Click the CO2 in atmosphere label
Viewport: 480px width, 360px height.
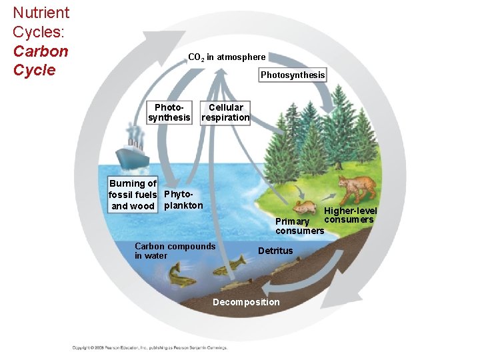point(227,57)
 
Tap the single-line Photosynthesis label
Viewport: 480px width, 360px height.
point(293,75)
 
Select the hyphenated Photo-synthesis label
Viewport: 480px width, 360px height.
point(169,113)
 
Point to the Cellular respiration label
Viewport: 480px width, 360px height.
point(225,113)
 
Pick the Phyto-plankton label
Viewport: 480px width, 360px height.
point(183,200)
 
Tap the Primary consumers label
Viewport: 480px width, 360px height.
point(299,226)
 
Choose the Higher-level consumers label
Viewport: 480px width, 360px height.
point(349,215)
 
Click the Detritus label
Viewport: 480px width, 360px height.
point(275,251)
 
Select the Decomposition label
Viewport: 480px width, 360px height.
point(246,302)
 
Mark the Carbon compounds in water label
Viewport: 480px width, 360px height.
point(175,251)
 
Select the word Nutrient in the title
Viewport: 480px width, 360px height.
point(41,13)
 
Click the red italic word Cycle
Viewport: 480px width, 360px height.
point(34,70)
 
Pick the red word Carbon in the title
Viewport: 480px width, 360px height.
point(40,51)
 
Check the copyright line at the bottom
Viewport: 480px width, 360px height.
point(150,347)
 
